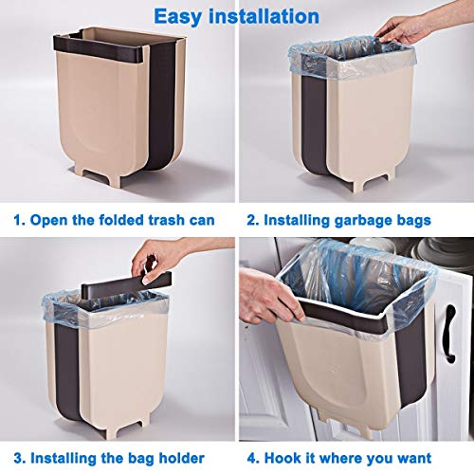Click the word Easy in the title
(x=181, y=16)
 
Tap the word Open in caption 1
(x=51, y=220)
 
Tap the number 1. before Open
(x=19, y=220)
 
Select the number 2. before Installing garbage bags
(x=251, y=220)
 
